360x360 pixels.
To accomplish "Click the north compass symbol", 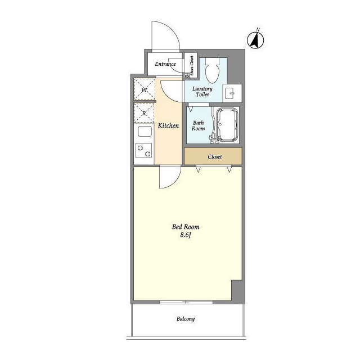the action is point(255,40).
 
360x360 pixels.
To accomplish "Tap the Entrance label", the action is point(165,64).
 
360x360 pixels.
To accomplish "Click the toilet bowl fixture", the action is point(213,70).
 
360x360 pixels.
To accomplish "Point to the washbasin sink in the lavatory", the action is point(232,93).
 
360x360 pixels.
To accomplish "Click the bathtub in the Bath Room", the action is point(227,125).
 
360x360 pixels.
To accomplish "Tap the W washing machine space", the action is point(144,89).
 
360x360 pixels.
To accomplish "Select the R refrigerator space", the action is point(144,113).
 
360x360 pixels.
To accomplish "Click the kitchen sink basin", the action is point(145,132).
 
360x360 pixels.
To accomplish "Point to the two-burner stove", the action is point(143,150).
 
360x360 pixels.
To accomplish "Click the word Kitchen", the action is point(168,125).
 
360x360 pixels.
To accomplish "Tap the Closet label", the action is point(215,157).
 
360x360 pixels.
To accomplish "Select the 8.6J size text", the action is point(186,235).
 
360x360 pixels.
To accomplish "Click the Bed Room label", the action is point(186,227).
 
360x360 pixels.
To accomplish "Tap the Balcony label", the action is point(186,319).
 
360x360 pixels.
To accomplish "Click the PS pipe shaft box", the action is point(187,76).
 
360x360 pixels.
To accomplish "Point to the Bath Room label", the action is point(199,125).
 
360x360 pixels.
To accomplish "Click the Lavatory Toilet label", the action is point(202,91).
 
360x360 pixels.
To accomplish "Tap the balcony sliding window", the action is point(186,302).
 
